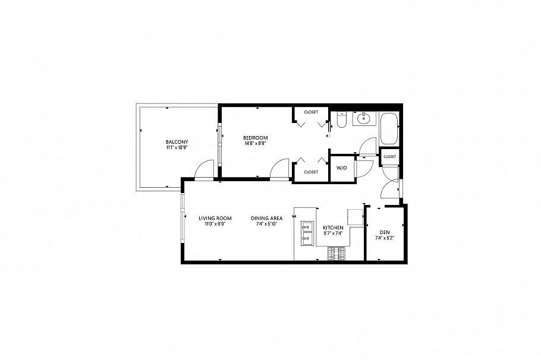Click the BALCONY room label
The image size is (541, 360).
(177, 141)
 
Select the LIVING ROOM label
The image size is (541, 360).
(215, 218)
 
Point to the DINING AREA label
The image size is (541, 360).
(266, 218)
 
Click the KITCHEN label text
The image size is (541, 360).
(333, 228)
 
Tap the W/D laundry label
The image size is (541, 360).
(342, 168)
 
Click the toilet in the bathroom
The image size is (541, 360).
(341, 121)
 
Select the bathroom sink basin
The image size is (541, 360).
(363, 119)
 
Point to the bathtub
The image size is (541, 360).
(389, 128)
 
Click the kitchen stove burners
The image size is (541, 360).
(336, 254)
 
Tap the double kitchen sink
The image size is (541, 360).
(308, 233)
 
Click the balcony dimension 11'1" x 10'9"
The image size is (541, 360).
(177, 147)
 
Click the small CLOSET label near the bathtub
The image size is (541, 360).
(390, 156)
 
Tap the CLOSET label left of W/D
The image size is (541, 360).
(311, 172)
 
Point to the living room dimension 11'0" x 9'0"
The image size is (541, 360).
(215, 224)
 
